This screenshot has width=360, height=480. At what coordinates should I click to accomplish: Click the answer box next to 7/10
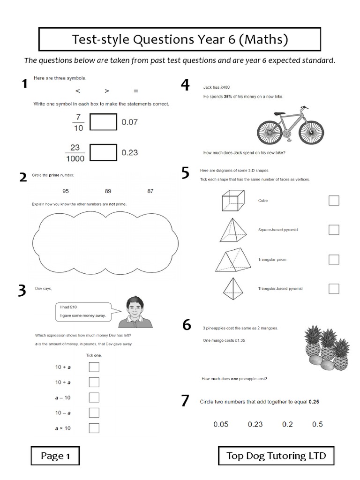103,122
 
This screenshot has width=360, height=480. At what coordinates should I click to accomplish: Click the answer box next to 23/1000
103,152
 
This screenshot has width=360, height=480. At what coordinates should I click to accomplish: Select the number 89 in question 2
108,191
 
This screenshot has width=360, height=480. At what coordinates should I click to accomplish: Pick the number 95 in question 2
65,191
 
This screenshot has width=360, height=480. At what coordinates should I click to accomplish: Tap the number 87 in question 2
150,191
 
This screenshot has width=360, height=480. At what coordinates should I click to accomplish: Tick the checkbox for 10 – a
94,412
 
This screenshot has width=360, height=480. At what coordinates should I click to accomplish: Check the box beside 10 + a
94,367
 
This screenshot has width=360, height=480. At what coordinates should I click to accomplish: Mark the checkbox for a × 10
94,428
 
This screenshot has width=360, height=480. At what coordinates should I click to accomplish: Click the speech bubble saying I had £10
83,311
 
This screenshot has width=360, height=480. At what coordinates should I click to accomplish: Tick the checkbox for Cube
334,201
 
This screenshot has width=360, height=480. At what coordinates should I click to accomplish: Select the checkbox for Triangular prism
334,259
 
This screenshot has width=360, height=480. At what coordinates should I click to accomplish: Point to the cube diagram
233,201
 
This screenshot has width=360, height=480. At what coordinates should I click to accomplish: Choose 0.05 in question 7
221,424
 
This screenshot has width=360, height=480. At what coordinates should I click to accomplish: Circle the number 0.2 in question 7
287,424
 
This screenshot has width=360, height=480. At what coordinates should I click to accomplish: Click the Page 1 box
55,456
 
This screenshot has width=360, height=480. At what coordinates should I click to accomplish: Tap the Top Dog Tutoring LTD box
277,456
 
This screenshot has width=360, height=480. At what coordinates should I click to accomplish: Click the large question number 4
186,85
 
